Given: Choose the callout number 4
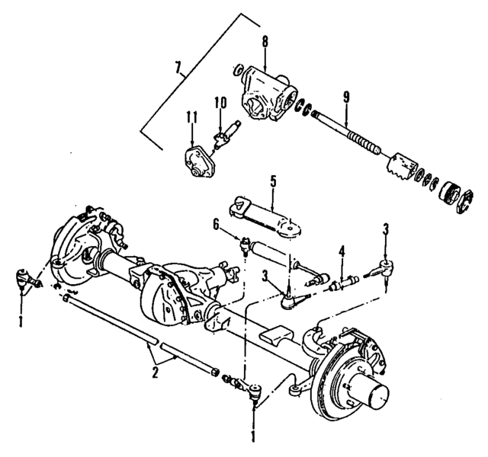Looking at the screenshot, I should tap(342, 250).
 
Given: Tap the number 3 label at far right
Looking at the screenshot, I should tap(386, 228).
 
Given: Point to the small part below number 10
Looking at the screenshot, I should tap(220, 138).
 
